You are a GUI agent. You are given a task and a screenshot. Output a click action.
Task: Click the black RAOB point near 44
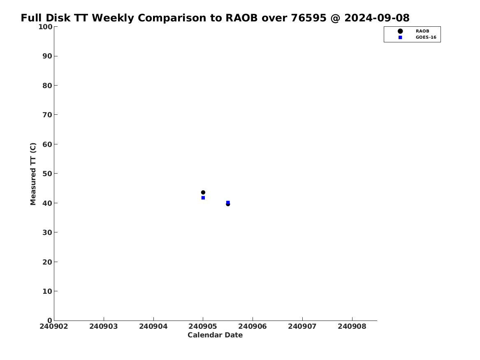pos(203,193)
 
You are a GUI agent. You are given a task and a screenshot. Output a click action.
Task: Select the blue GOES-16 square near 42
pos(203,198)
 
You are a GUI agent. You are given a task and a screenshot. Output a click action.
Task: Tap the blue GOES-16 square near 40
pos(228,202)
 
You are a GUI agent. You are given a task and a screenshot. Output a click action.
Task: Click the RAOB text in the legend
pos(422,31)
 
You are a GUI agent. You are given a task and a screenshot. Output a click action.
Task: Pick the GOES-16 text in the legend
pos(426,37)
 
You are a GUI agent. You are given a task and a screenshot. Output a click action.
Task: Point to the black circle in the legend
pos(400,31)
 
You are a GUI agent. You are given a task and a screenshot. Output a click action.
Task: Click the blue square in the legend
pos(400,37)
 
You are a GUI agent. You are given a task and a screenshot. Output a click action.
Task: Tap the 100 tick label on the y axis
pos(45,27)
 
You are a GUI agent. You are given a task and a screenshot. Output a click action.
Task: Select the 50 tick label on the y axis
pos(47,173)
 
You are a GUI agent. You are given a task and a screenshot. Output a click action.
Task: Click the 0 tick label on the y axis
pos(50,320)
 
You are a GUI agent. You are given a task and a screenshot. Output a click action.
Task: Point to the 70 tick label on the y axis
pos(47,114)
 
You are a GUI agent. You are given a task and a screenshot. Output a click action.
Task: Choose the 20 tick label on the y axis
pos(47,262)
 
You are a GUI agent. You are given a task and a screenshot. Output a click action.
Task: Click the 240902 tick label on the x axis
pos(54,326)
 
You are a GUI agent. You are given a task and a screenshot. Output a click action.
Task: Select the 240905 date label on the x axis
pos(203,326)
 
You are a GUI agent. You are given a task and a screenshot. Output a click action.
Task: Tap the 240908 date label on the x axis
pos(352,326)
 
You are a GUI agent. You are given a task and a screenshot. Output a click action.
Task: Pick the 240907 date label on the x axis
pos(302,326)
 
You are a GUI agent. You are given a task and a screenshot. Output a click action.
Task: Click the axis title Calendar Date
pos(215,335)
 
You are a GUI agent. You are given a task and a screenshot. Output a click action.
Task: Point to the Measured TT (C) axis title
pos(33,174)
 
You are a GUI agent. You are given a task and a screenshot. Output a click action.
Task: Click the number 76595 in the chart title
pos(308,18)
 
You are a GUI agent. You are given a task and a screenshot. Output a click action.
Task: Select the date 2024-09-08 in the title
pos(377,18)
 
